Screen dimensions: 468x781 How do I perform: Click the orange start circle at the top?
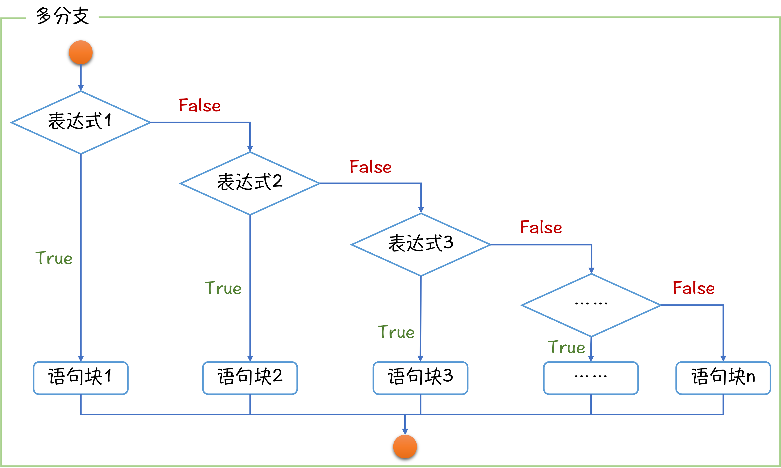tap(81, 52)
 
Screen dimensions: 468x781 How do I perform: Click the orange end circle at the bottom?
tap(405, 446)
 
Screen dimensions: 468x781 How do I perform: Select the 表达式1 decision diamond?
tap(81, 122)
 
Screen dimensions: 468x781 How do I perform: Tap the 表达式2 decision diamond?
tap(250, 183)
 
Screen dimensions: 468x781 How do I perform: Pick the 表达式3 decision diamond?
tap(421, 244)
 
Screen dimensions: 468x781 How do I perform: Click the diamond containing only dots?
tap(591, 305)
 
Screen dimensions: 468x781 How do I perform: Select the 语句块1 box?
tap(81, 378)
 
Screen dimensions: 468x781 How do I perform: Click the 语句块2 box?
tap(250, 378)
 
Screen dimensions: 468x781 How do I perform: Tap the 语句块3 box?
tap(420, 378)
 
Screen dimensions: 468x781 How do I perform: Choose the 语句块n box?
tap(723, 378)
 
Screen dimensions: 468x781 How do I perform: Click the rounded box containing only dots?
tap(591, 378)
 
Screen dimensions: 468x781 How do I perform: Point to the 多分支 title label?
tap(62, 17)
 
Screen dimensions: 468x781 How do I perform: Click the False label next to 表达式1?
tap(200, 105)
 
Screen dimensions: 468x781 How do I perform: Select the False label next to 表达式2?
tap(371, 167)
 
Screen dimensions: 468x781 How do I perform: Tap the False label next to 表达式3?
tap(541, 227)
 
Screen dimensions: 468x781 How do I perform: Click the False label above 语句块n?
tap(694, 288)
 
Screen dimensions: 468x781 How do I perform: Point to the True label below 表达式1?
tap(54, 258)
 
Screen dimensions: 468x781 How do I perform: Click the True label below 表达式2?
tap(223, 288)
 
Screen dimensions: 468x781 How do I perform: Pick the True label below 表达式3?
tap(396, 332)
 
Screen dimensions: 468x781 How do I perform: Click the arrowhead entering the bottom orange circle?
tap(405, 431)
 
